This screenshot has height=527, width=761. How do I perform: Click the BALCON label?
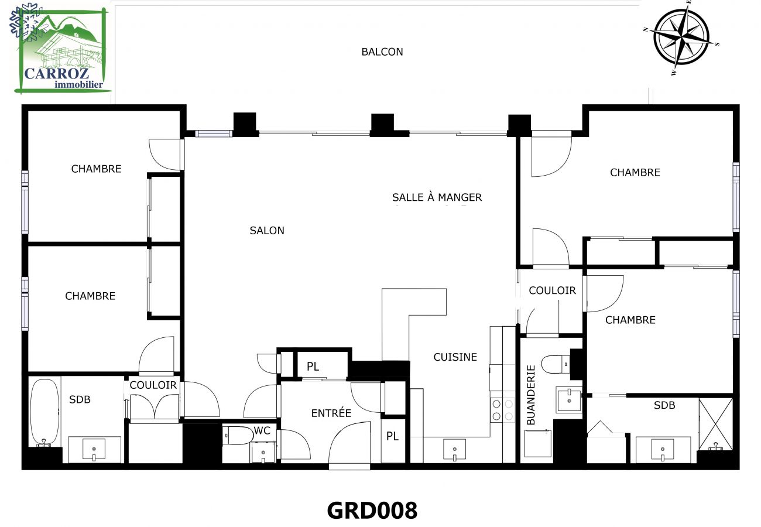(x=382, y=52)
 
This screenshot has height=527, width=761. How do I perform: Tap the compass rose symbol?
(x=681, y=37)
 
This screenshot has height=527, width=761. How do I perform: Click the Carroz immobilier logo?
(x=61, y=50)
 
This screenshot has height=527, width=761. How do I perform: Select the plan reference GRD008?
(x=372, y=510)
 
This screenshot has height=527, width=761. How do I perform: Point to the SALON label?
(x=267, y=231)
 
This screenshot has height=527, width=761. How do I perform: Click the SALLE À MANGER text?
(x=437, y=197)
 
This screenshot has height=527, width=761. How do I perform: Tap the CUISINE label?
(x=455, y=357)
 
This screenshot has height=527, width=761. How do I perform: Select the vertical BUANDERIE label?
(x=531, y=395)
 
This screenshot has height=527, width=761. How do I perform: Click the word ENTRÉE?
(x=331, y=413)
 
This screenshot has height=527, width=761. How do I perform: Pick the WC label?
(x=262, y=430)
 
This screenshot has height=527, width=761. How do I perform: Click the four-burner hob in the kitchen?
(x=496, y=409)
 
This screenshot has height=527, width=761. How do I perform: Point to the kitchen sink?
(x=454, y=450)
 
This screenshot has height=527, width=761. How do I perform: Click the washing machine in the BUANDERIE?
(x=537, y=443)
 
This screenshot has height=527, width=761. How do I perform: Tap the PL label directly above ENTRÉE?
(x=313, y=367)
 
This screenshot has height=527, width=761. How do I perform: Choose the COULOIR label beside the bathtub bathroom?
(x=153, y=385)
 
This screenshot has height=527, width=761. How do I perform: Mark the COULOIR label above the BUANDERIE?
(x=552, y=290)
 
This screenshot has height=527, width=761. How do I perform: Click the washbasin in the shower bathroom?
(x=662, y=450)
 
